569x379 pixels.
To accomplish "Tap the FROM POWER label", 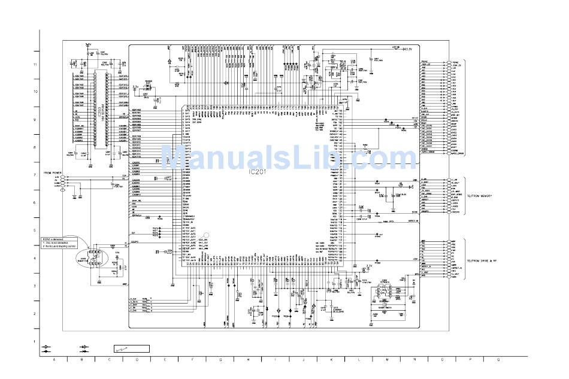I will (53, 172).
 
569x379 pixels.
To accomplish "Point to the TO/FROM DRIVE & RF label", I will (483, 262).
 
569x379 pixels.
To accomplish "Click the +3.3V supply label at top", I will (409, 49).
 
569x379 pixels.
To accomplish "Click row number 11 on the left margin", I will (35, 64).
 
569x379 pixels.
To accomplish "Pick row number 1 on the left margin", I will (35, 341).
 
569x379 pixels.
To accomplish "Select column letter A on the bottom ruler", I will (54, 360).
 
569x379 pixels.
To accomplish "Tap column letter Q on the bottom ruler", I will (498, 360).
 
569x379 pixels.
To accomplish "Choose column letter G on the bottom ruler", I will (220, 360).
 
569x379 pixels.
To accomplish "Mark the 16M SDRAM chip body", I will (99, 113).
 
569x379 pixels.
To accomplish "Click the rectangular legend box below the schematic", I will (132, 349).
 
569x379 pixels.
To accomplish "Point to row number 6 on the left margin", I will (35, 202).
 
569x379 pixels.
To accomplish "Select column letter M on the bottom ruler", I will (388, 360).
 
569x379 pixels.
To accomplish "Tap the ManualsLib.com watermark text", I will (287, 157).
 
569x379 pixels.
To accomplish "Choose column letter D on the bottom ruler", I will (137, 360).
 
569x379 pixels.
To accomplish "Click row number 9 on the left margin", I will (35, 120).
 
